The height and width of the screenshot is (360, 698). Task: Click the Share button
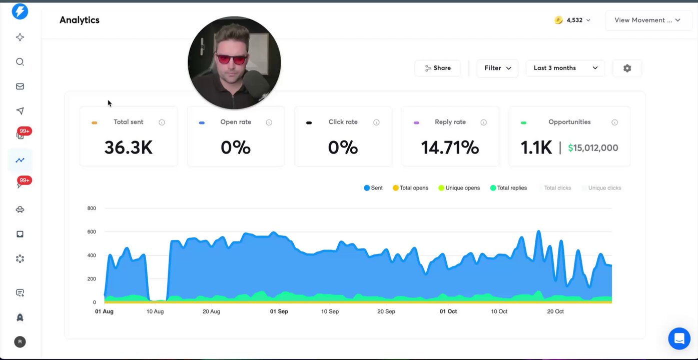pyautogui.click(x=437, y=68)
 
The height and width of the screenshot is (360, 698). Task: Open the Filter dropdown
pyautogui.click(x=497, y=68)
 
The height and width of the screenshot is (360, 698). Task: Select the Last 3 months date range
pyautogui.click(x=565, y=68)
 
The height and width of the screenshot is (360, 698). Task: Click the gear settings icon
pyautogui.click(x=627, y=68)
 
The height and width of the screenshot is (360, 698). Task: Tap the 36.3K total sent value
pyautogui.click(x=128, y=147)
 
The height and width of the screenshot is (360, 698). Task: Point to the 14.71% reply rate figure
pyautogui.click(x=450, y=147)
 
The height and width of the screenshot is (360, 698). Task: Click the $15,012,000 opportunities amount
pyautogui.click(x=593, y=148)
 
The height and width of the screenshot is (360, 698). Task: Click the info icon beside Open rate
pyautogui.click(x=269, y=122)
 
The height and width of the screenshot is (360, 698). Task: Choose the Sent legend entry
pyautogui.click(x=373, y=188)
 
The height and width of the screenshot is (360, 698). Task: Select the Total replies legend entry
pyautogui.click(x=508, y=188)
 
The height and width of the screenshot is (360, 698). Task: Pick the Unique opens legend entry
pyautogui.click(x=459, y=188)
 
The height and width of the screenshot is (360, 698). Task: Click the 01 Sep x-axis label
pyautogui.click(x=279, y=311)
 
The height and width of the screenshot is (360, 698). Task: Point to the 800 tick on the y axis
pyautogui.click(x=91, y=208)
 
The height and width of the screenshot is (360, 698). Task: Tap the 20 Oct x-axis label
pyautogui.click(x=555, y=311)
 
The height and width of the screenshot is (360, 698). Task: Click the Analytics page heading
pyautogui.click(x=80, y=20)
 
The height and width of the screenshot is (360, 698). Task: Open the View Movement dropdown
pyautogui.click(x=647, y=20)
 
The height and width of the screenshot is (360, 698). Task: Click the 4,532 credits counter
pyautogui.click(x=572, y=20)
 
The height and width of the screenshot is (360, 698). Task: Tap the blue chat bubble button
pyautogui.click(x=679, y=338)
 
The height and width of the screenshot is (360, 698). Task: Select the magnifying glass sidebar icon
pyautogui.click(x=20, y=62)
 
